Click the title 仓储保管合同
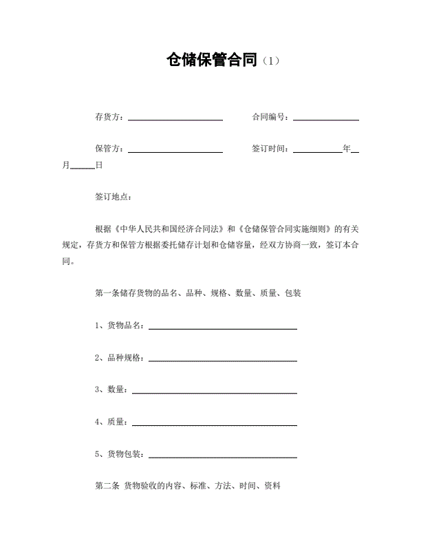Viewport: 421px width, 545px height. [x=212, y=60]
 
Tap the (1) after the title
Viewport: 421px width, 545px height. [x=271, y=61]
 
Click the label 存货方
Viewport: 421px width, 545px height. [x=109, y=117]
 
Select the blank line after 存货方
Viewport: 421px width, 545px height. [x=175, y=118]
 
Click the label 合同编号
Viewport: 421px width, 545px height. [x=270, y=117]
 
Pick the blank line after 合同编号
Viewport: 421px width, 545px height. [x=326, y=118]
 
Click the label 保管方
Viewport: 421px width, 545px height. [x=109, y=148]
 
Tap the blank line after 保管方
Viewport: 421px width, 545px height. [x=175, y=150]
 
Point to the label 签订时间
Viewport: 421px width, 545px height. [x=270, y=148]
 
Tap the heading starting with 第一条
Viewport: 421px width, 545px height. [x=197, y=293]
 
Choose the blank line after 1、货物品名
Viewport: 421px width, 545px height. [x=223, y=328]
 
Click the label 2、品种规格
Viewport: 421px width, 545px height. [x=119, y=358]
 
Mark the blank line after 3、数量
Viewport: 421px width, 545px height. [x=214, y=392]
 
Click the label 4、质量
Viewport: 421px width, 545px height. [x=111, y=422]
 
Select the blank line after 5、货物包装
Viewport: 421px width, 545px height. [x=223, y=456]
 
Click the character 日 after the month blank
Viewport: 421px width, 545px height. [x=99, y=165]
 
